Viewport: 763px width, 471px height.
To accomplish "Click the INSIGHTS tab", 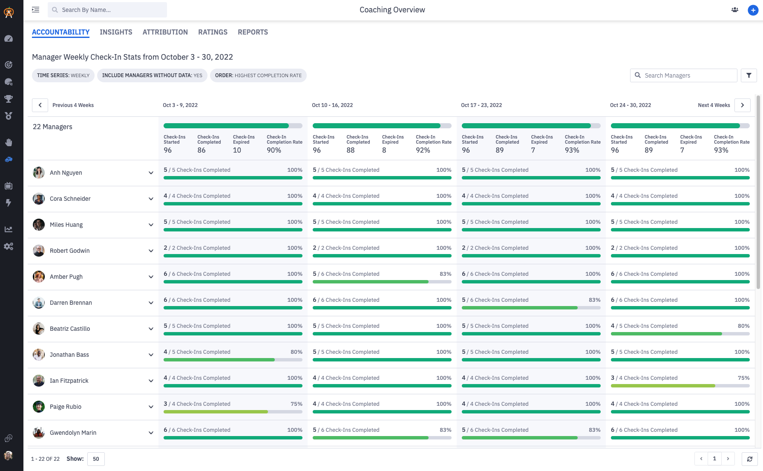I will [116, 32].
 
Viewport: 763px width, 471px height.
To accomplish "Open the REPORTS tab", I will [253, 32].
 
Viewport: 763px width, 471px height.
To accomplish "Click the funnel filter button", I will [749, 75].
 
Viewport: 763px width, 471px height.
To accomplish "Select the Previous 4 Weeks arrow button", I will [40, 105].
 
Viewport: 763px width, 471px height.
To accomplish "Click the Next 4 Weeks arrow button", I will [742, 105].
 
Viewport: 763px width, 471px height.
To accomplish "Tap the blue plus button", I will [753, 10].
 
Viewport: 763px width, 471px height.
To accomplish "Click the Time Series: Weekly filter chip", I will [63, 75].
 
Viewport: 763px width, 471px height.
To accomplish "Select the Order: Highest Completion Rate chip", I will [258, 75].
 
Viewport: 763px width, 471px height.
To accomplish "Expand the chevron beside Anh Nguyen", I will [151, 173].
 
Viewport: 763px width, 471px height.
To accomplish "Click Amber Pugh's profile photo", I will [39, 277].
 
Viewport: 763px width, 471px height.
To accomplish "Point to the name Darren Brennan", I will [71, 303].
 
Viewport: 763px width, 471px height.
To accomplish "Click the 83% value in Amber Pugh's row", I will [445, 274].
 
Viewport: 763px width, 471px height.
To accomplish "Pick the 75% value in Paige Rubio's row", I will [296, 404].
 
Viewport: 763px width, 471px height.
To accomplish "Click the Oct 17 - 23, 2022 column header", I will [481, 105].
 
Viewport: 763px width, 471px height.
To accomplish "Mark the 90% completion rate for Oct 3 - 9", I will [274, 150].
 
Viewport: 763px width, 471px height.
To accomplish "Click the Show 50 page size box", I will [96, 459].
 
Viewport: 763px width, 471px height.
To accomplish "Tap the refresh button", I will [749, 459].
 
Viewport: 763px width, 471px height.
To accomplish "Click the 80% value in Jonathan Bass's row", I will [296, 352].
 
